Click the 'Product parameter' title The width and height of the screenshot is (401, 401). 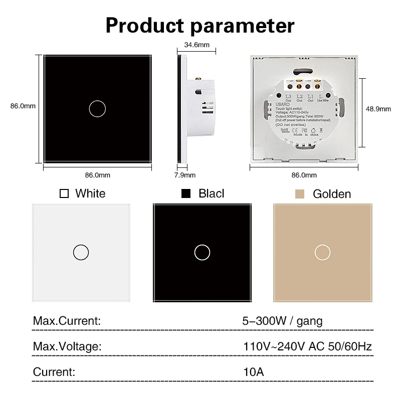[200, 25]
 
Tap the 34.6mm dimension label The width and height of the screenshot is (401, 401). [196, 45]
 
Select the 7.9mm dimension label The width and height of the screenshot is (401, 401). [185, 175]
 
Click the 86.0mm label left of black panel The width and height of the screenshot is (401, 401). [23, 106]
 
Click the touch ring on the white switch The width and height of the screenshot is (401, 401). [81, 252]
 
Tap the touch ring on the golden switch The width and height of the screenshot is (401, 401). [321, 252]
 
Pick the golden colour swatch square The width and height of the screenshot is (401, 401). [300, 193]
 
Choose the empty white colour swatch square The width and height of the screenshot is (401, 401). [64, 193]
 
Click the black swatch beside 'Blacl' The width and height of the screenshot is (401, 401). [186, 193]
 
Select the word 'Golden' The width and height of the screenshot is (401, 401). [332, 194]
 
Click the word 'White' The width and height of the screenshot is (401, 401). [90, 193]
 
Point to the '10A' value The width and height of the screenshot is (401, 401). [253, 372]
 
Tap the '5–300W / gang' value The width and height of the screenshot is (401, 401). [282, 321]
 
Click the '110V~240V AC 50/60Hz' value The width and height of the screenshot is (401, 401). [307, 346]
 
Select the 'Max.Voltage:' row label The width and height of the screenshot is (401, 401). [67, 346]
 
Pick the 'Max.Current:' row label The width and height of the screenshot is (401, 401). [67, 321]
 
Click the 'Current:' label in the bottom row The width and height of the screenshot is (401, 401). [54, 372]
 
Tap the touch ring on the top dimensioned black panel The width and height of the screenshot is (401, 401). [97, 108]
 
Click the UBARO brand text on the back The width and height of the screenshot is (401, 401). [283, 104]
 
